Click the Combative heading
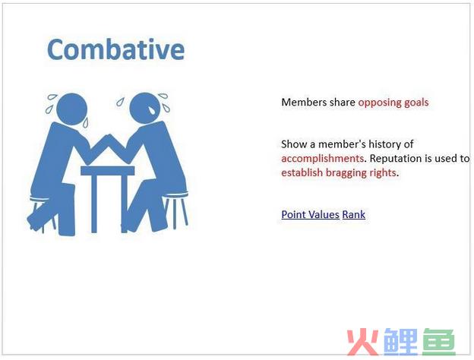tap(115, 49)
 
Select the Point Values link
tap(310, 214)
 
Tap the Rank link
tap(354, 214)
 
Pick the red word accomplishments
tap(322, 159)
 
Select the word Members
tap(303, 103)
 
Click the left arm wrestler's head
tap(71, 109)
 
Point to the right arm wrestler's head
tap(145, 108)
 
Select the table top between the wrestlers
tap(108, 170)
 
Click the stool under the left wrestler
tap(43, 212)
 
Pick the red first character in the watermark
tap(363, 342)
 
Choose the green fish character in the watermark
tap(438, 342)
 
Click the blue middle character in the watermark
tap(400, 342)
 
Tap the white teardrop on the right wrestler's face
tap(152, 110)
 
